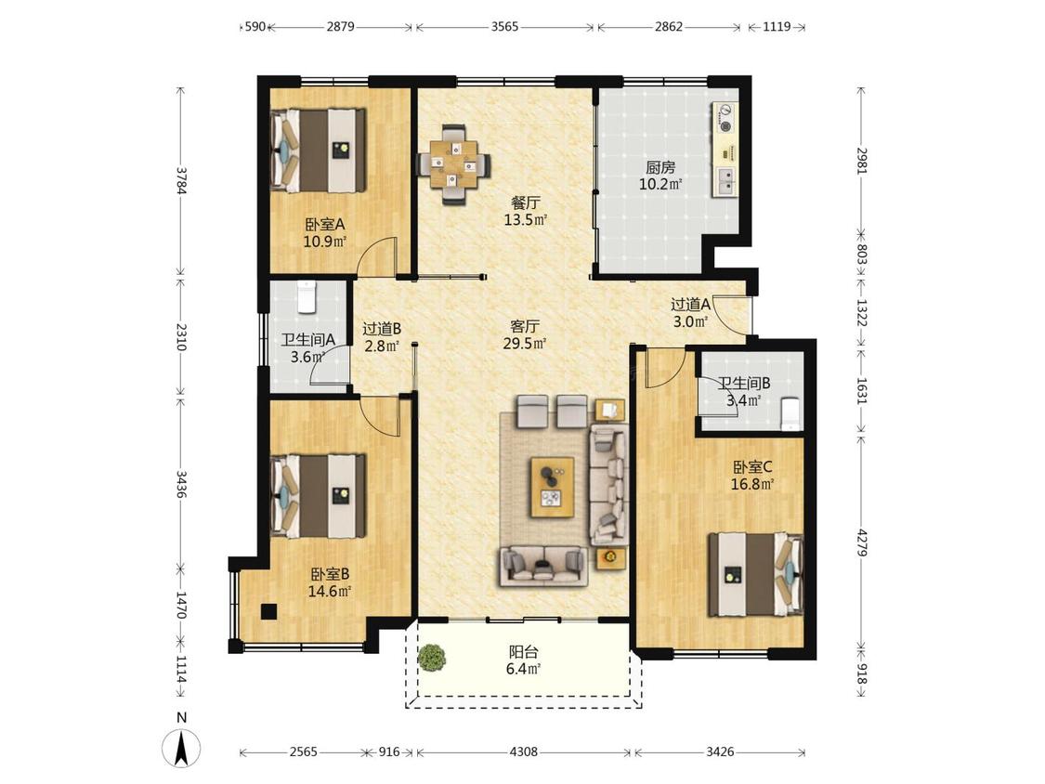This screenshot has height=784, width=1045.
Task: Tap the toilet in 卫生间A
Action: (306, 297)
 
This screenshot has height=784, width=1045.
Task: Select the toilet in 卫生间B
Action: (790, 413)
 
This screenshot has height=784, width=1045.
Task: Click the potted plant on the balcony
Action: (432, 658)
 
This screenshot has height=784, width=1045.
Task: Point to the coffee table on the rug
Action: (552, 487)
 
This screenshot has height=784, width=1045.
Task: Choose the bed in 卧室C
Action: (756, 573)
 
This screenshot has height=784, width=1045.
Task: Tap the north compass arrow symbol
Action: (181, 748)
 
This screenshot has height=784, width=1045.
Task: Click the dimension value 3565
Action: (504, 27)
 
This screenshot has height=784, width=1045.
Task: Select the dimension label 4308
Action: (523, 752)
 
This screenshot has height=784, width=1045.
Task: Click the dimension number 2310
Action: (181, 336)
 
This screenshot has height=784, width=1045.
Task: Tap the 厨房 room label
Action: (660, 167)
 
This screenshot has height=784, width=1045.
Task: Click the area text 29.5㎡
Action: (525, 344)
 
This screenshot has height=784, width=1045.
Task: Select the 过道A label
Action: (690, 306)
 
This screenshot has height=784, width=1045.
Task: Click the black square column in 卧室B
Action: (268, 611)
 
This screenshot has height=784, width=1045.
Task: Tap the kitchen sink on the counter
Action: (725, 181)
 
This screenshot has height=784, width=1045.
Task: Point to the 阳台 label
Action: (523, 652)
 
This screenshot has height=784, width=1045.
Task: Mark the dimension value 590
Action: (255, 27)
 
